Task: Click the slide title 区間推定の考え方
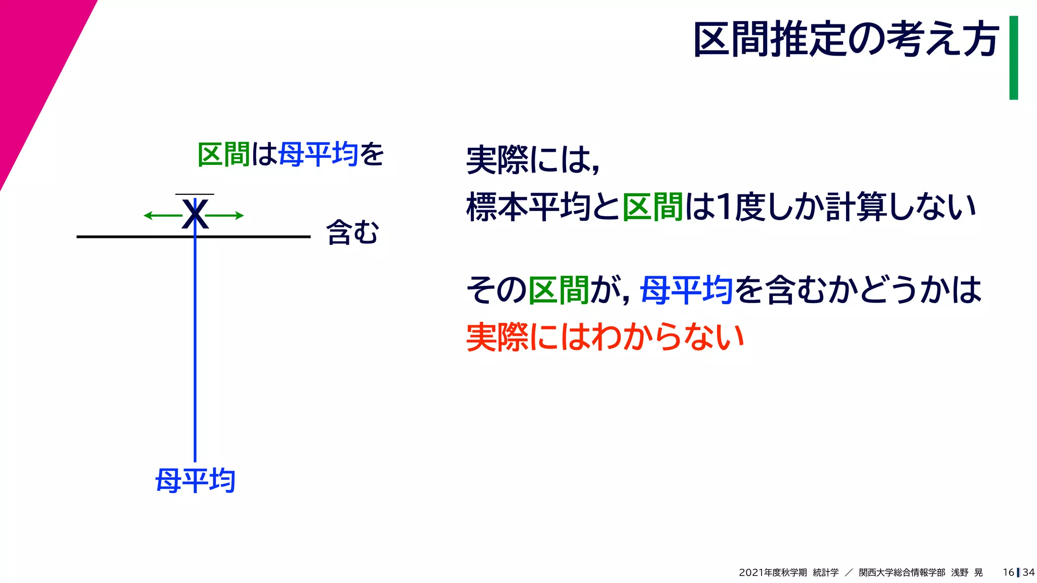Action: pyautogui.click(x=846, y=39)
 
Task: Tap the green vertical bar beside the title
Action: pyautogui.click(x=1013, y=58)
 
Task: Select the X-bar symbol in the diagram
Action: pyautogui.click(x=195, y=213)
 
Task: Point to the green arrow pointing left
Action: pyautogui.click(x=162, y=216)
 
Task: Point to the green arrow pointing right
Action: pyautogui.click(x=225, y=216)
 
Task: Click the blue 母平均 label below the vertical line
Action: pyautogui.click(x=195, y=480)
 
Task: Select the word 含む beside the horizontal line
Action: pyautogui.click(x=353, y=233)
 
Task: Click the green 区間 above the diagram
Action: pyautogui.click(x=223, y=154)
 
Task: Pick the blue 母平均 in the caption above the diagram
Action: pyautogui.click(x=318, y=154)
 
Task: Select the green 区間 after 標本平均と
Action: pyautogui.click(x=653, y=207)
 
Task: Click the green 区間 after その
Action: pyautogui.click(x=559, y=290)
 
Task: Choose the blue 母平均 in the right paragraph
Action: pyautogui.click(x=686, y=290)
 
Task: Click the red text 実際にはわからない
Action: pyautogui.click(x=605, y=337)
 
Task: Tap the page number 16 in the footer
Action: pyautogui.click(x=1008, y=572)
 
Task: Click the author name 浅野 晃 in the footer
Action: pyautogui.click(x=967, y=572)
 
